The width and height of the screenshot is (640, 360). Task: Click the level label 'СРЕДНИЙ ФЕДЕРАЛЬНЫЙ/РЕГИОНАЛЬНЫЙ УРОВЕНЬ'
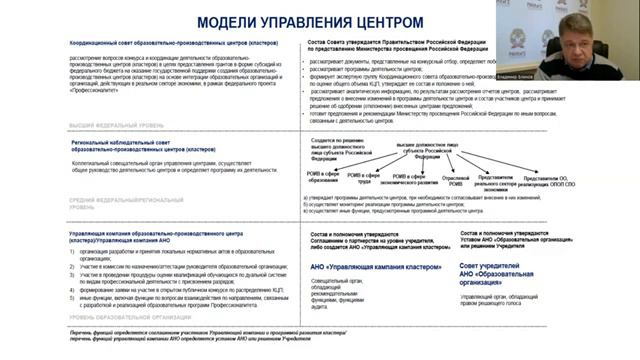pyautogui.click(x=130, y=204)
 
